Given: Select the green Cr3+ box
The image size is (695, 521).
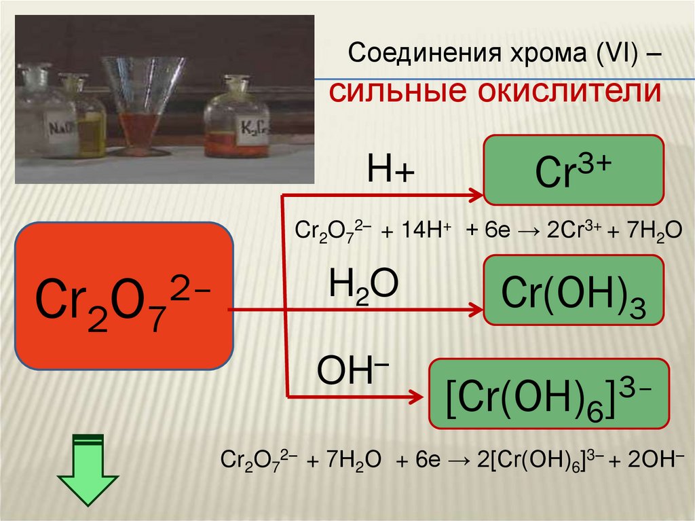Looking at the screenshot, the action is (x=573, y=170).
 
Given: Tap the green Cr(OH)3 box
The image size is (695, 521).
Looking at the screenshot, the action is (x=573, y=289).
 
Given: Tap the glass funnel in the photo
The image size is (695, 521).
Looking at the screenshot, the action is (x=143, y=88).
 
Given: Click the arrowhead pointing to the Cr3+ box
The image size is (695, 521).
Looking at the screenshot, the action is (x=474, y=196).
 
